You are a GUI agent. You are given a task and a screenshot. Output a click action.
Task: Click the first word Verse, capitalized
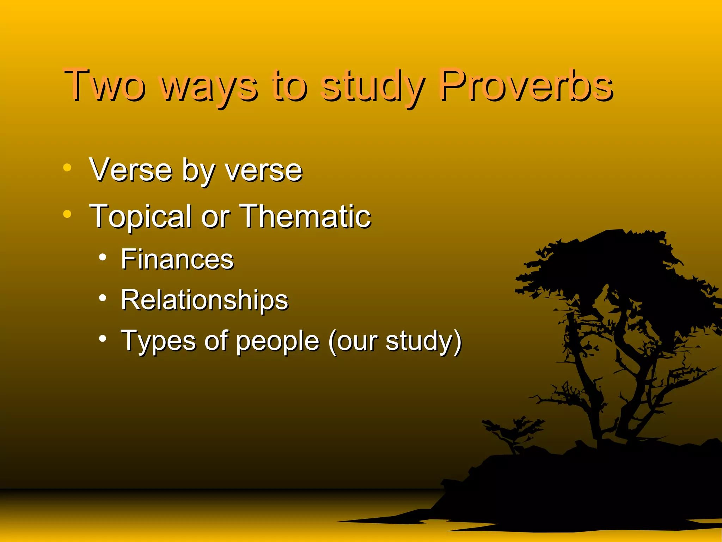[x=131, y=170]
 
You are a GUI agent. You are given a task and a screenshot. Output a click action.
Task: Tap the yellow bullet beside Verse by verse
[x=67, y=168]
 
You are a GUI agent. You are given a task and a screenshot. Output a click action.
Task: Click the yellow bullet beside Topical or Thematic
[x=67, y=214]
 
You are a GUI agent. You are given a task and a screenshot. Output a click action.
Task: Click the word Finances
[x=177, y=259]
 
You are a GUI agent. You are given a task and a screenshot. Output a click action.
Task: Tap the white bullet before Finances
[x=103, y=257]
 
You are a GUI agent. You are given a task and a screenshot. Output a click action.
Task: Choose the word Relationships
[x=204, y=300]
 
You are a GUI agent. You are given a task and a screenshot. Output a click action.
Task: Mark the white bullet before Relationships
[x=103, y=298]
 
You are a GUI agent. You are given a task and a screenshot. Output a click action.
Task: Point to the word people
[x=278, y=341]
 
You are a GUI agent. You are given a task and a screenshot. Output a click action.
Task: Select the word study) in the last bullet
[x=423, y=341]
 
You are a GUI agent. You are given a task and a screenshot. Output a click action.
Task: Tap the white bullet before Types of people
[x=103, y=339]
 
